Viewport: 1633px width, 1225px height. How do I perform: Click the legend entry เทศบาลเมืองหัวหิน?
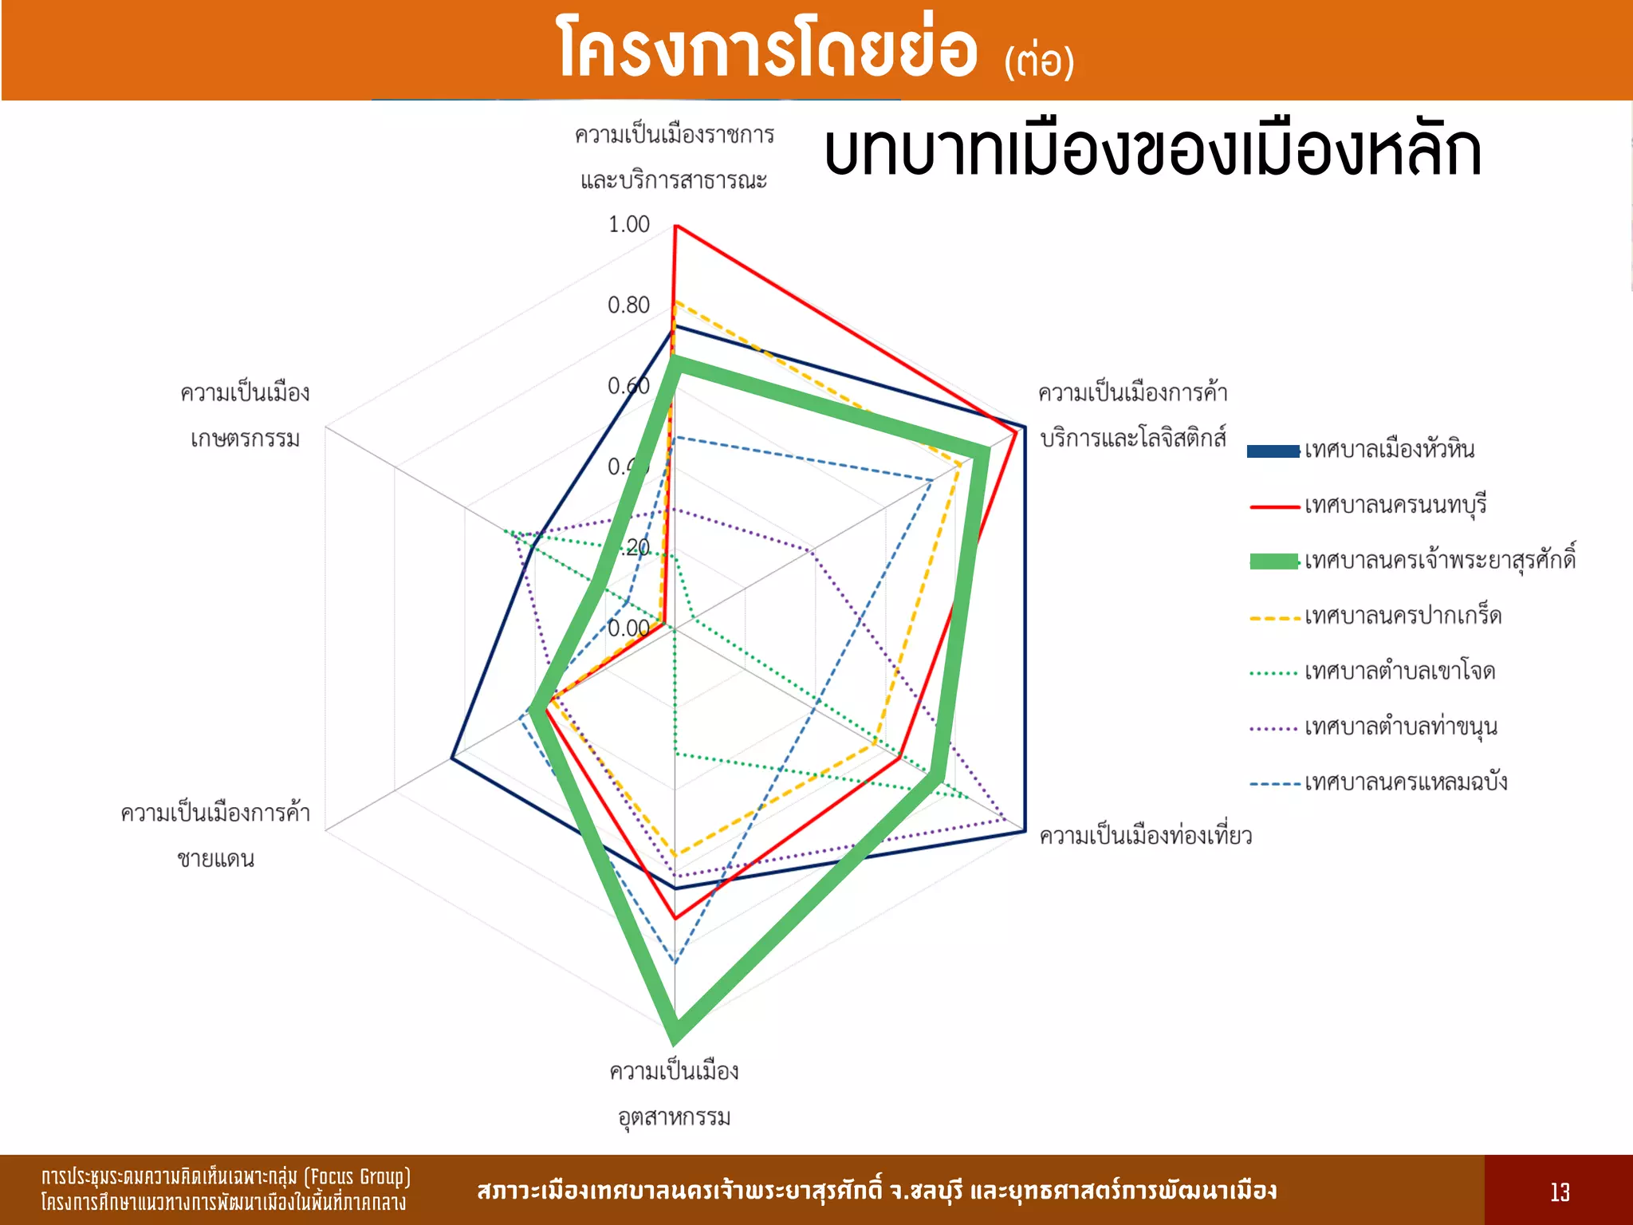(x=1389, y=450)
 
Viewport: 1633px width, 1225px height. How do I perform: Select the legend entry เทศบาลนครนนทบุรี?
(x=1395, y=506)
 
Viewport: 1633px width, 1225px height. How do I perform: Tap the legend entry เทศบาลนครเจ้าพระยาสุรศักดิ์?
(x=1439, y=561)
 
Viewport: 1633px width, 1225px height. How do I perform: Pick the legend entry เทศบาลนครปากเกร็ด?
(x=1403, y=616)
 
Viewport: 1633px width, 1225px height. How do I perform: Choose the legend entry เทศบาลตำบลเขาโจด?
(x=1399, y=672)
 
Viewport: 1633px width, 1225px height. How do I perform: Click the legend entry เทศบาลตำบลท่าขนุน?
(x=1401, y=727)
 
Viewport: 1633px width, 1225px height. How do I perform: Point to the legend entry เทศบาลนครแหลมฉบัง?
(x=1406, y=782)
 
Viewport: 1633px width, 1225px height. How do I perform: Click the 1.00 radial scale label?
(x=629, y=225)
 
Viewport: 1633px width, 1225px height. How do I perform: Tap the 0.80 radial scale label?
(x=629, y=305)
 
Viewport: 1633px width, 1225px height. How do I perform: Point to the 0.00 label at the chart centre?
(x=628, y=628)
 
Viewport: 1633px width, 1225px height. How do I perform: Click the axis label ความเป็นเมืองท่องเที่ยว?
(x=1145, y=836)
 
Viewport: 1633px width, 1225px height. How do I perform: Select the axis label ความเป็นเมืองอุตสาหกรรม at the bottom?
(x=675, y=1093)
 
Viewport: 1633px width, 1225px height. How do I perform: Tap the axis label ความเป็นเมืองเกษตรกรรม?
(x=245, y=416)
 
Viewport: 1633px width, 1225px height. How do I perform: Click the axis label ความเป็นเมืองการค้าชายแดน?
(x=215, y=836)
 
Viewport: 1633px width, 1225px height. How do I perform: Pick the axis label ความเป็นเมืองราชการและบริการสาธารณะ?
(x=675, y=157)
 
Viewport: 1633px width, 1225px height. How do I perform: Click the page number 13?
(x=1560, y=1192)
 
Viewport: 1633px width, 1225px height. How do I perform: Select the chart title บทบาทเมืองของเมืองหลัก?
(x=1152, y=151)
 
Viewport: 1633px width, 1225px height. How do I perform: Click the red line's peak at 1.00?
(x=675, y=226)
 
